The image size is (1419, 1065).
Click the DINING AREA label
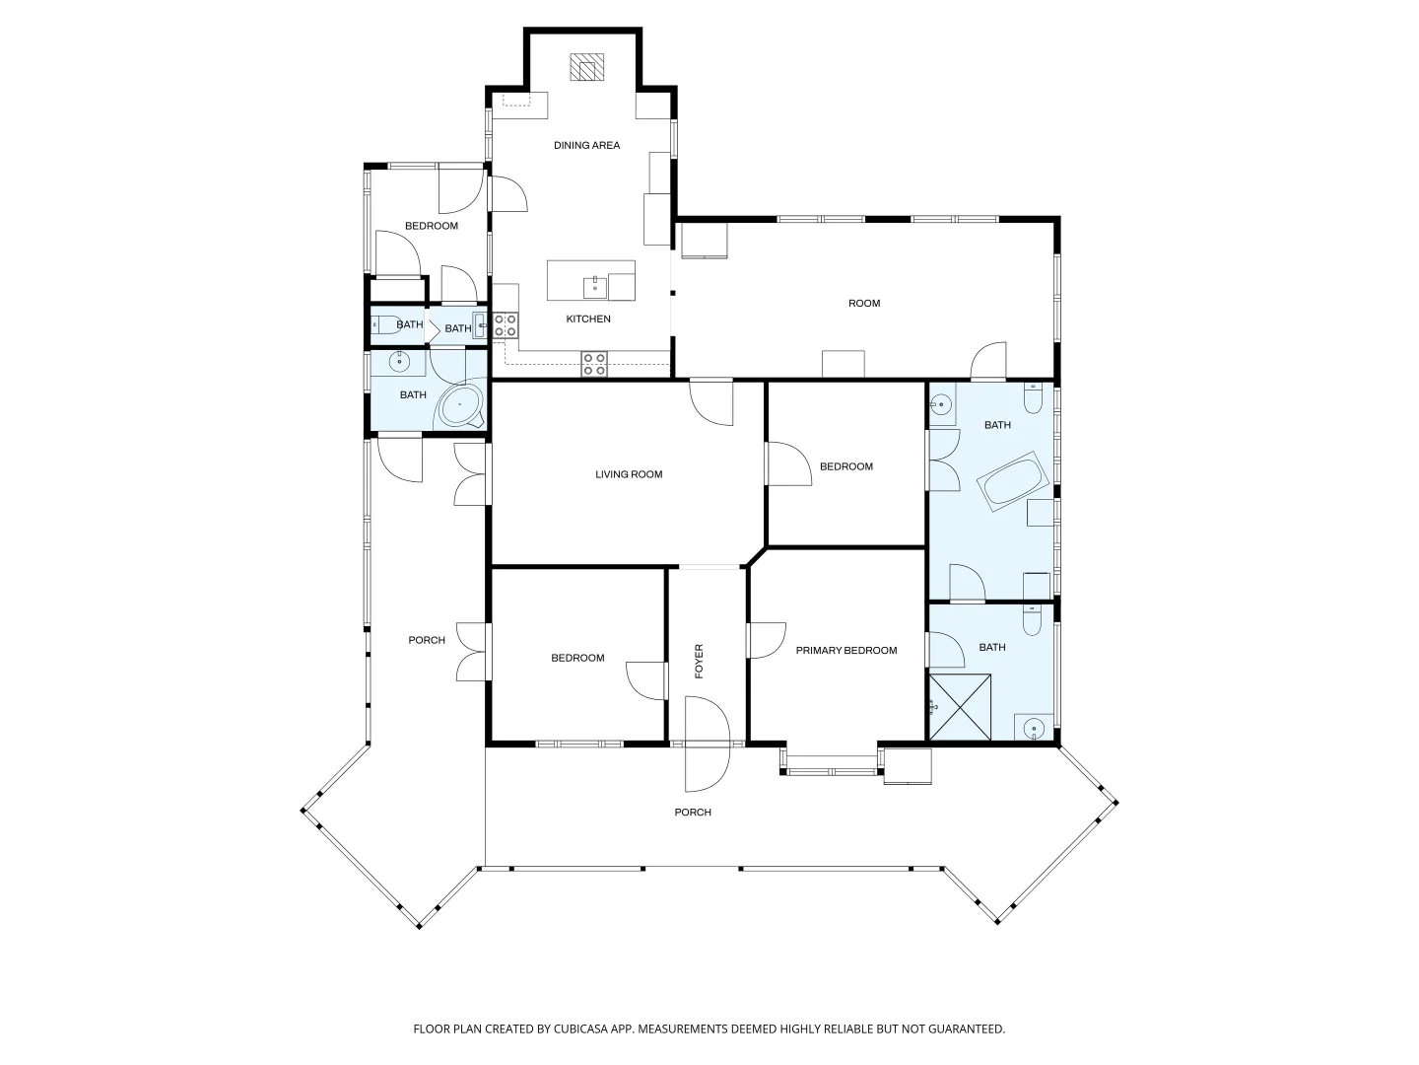(x=586, y=146)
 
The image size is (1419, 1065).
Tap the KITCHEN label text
(x=588, y=319)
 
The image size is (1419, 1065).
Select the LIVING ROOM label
(x=629, y=474)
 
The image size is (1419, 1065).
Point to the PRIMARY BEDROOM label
(x=846, y=651)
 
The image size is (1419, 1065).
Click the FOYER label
(x=699, y=661)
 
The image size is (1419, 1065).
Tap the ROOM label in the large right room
(x=864, y=304)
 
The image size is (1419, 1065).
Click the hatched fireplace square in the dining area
(x=586, y=67)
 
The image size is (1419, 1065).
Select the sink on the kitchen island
(x=595, y=287)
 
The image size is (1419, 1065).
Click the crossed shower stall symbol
(x=960, y=707)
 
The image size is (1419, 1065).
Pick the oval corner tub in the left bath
(x=460, y=404)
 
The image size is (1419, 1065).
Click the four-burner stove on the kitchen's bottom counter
(x=594, y=364)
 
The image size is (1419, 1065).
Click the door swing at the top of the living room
(x=711, y=402)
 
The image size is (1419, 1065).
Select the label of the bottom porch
(x=693, y=813)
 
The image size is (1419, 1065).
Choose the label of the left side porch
(x=427, y=640)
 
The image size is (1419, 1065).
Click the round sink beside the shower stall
(x=1034, y=728)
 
